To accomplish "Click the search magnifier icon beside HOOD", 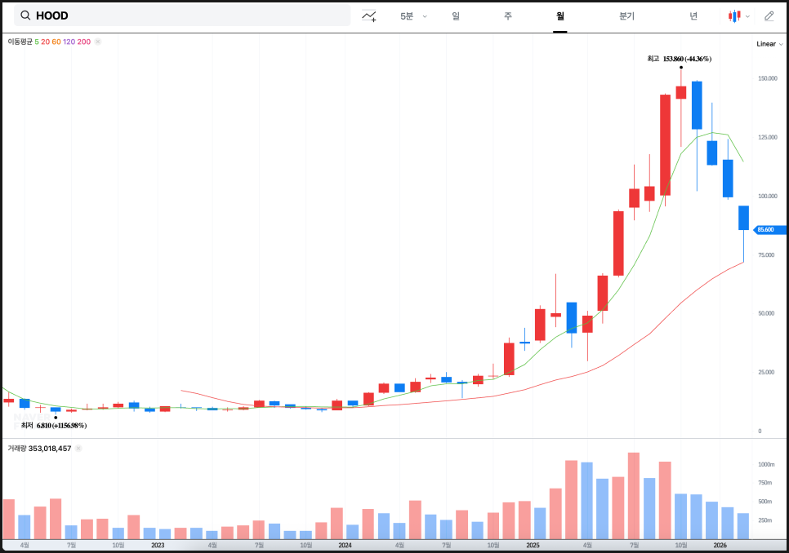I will click(x=26, y=15).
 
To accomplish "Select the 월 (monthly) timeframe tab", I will click(x=559, y=16).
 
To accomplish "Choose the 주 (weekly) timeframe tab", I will click(x=507, y=16).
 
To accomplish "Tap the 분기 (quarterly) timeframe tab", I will click(x=626, y=16).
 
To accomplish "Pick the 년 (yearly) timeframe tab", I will click(x=693, y=16).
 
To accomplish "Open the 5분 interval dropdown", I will click(x=413, y=16).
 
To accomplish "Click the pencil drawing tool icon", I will click(x=769, y=16).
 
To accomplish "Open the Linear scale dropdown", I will click(x=769, y=44).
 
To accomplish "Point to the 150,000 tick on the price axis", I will click(x=767, y=79).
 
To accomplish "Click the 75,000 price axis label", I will click(x=766, y=255).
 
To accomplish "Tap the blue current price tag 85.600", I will click(x=767, y=230).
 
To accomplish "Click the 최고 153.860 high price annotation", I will click(x=679, y=59).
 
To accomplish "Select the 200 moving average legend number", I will click(x=84, y=41).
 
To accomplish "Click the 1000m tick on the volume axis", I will click(x=765, y=464).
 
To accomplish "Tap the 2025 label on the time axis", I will click(x=533, y=545).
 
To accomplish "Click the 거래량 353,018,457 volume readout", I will click(x=39, y=449).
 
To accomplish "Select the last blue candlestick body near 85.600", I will click(x=743, y=218).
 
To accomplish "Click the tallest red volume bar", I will click(x=634, y=495).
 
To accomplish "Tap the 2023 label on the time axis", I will click(x=158, y=545).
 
